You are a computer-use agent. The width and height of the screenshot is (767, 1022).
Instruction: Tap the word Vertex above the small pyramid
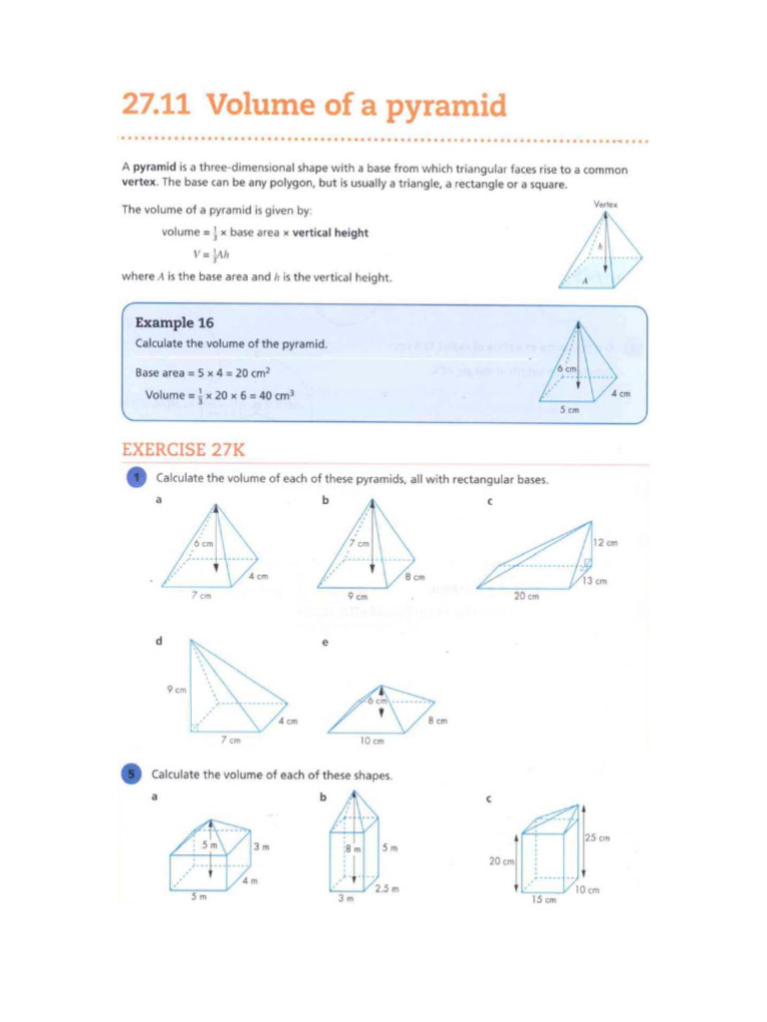605,205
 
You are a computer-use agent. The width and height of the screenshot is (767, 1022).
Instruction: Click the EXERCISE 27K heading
183,450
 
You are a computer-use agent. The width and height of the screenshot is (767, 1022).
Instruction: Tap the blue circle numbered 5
132,773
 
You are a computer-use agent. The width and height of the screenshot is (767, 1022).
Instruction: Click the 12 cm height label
604,543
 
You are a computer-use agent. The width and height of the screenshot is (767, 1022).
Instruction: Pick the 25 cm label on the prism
597,837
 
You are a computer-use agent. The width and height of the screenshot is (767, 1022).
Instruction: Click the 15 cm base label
542,900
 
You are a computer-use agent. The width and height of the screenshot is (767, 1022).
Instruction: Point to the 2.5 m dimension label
386,888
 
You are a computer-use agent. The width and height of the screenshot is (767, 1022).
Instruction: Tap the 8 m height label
353,848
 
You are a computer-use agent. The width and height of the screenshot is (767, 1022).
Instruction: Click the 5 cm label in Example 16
568,409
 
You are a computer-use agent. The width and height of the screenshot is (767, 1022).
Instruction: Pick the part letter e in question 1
325,643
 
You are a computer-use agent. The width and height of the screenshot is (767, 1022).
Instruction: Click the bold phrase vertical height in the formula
330,233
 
